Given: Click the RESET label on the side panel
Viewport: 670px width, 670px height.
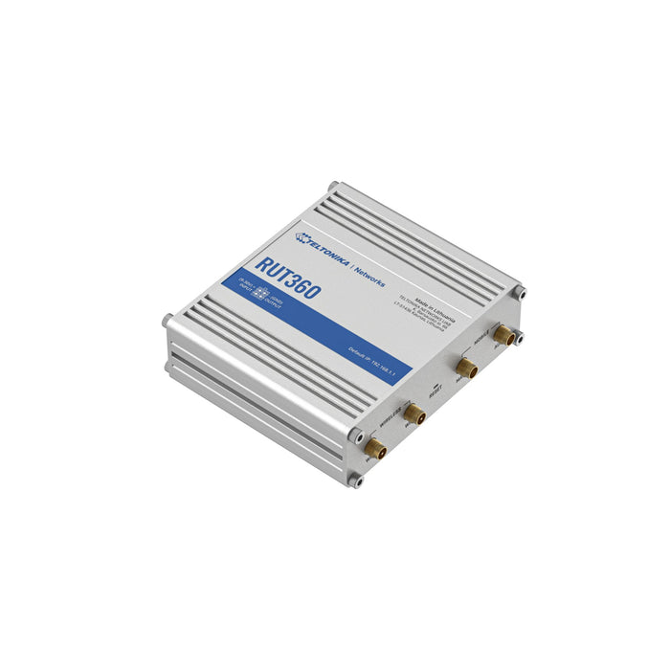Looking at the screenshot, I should point(436,388).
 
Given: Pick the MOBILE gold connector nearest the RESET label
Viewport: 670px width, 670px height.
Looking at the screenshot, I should point(466,368).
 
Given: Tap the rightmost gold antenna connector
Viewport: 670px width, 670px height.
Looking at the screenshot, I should point(501,334).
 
